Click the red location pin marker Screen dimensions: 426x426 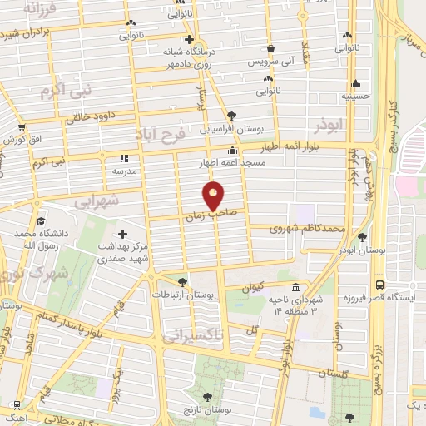tap(214, 195)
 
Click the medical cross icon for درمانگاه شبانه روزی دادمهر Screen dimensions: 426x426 tap(189, 39)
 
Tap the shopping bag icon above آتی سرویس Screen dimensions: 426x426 tap(271, 48)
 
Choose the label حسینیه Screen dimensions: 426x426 tap(355, 96)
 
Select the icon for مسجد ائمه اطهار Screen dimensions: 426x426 tap(232, 151)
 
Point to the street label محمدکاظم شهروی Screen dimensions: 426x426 tap(308, 226)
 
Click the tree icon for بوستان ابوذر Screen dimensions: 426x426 tap(362, 236)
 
